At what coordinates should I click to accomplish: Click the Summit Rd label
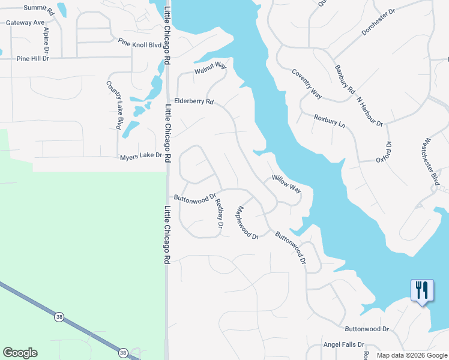click(x=39, y=8)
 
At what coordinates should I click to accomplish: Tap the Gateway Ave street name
click(x=26, y=22)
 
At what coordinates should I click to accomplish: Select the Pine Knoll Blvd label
click(x=140, y=43)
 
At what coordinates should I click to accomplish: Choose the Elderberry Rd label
click(x=194, y=101)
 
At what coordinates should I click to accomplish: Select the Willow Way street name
click(x=286, y=183)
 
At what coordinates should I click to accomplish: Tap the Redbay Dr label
click(x=219, y=214)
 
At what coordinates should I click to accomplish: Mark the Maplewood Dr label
click(x=247, y=223)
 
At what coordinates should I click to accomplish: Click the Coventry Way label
click(x=307, y=84)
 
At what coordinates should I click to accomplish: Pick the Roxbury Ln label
click(x=330, y=121)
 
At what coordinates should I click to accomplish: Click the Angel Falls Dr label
click(x=344, y=344)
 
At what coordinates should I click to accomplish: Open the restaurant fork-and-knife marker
click(x=422, y=291)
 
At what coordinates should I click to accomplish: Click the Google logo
click(x=20, y=353)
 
